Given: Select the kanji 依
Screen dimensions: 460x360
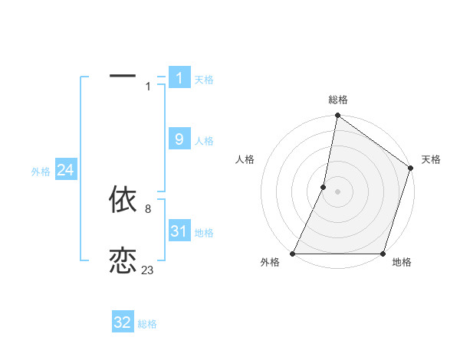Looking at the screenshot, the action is tap(123, 199).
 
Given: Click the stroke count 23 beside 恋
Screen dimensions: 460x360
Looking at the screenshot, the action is tap(147, 270).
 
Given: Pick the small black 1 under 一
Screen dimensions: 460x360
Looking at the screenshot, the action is tap(148, 87).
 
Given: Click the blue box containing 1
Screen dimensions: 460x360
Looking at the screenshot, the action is tap(179, 77).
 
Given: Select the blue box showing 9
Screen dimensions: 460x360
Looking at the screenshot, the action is tap(179, 139).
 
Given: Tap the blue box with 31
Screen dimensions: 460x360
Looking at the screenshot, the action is tap(179, 231).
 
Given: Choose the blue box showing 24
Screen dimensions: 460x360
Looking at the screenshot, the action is tap(65, 170).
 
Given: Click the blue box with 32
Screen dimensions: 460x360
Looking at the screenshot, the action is tap(123, 322).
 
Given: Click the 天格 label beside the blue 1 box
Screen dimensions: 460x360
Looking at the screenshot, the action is tap(203, 80).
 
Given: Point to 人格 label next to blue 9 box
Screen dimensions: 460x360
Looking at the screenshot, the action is tap(203, 141).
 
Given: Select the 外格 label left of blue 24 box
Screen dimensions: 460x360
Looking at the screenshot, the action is tap(41, 172).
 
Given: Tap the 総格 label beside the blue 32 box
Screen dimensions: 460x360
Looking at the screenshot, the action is tap(147, 325).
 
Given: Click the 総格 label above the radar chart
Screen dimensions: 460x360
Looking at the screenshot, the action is tap(338, 100).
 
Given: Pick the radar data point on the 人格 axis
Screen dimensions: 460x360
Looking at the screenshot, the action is tap(324, 187).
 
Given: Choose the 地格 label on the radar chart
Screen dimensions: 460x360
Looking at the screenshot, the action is tap(402, 263).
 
